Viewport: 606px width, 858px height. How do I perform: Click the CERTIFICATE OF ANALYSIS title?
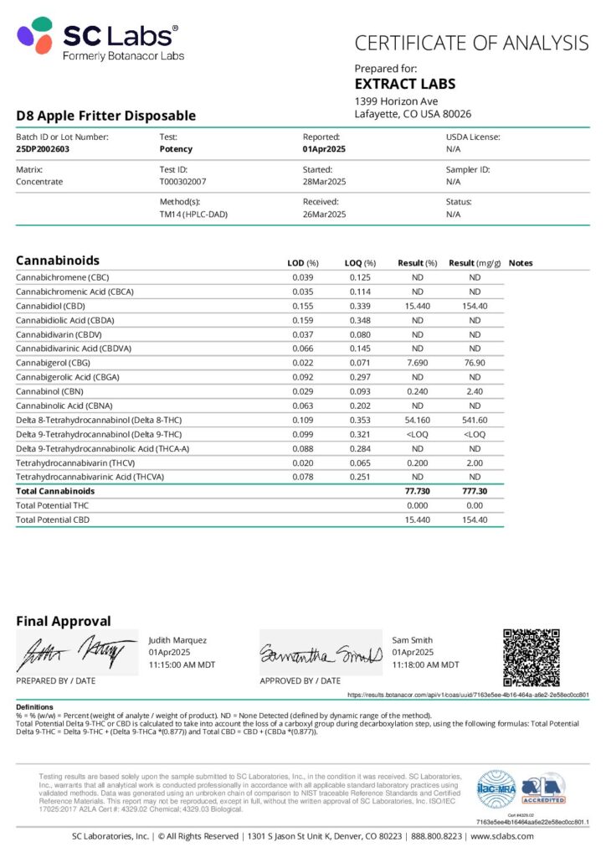[x=471, y=43]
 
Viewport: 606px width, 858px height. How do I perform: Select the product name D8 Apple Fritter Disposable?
[x=106, y=116]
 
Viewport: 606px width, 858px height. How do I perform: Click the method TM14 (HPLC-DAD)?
[x=193, y=214]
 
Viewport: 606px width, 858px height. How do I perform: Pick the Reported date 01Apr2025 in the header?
[x=324, y=149]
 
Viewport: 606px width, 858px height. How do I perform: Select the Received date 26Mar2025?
[x=325, y=214]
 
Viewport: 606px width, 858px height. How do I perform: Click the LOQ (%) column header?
[x=360, y=263]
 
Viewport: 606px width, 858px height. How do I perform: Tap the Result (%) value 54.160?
[x=416, y=420]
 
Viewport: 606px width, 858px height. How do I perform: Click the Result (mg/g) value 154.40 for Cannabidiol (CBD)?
[x=475, y=306]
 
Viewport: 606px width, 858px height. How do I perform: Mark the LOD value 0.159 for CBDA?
[x=302, y=320]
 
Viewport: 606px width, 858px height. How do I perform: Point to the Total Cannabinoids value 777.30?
[x=475, y=491]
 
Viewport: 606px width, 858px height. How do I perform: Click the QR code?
[x=531, y=658]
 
